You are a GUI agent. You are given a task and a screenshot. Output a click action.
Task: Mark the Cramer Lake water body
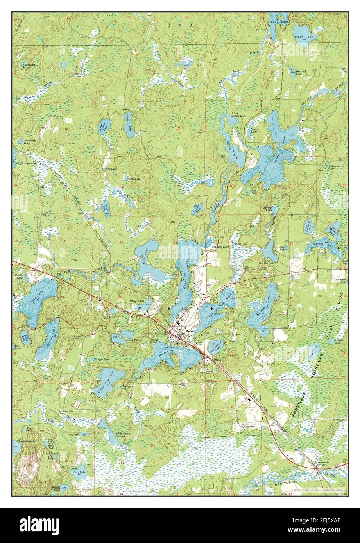click(104, 126)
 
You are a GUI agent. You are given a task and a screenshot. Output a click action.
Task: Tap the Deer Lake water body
click(79, 471)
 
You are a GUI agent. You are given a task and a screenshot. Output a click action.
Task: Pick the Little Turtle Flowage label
click(123, 434)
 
